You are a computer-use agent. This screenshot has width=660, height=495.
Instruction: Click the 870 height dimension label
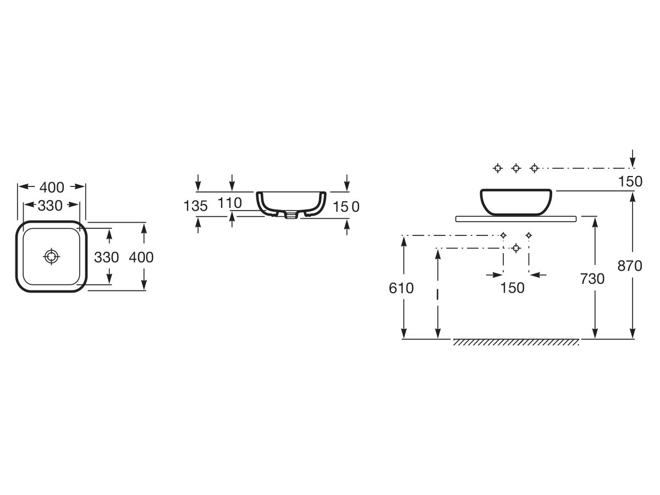[x=630, y=266]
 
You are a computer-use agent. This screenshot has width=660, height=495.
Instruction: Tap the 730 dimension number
[x=592, y=279]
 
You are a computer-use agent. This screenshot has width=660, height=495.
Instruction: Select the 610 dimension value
[x=402, y=288]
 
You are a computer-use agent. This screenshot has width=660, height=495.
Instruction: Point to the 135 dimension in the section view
[x=195, y=206]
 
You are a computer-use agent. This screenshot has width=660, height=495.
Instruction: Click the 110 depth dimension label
[x=229, y=203]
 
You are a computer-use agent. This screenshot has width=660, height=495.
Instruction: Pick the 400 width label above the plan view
[x=52, y=187]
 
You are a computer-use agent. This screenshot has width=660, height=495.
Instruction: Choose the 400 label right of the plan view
[x=141, y=257]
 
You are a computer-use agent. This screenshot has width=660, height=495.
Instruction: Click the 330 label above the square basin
[x=50, y=206]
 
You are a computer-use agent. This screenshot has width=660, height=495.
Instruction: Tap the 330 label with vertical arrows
[x=107, y=257]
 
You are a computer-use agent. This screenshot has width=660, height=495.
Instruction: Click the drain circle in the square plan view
[x=51, y=256]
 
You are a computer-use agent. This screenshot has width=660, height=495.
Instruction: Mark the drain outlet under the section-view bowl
[x=289, y=216]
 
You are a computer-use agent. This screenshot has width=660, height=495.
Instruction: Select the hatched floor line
[x=516, y=342]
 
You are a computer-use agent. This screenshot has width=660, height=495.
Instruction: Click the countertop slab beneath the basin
[x=516, y=219]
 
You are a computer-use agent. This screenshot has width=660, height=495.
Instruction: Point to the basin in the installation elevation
[x=516, y=201]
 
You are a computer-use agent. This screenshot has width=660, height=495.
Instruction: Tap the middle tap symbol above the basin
[x=516, y=168]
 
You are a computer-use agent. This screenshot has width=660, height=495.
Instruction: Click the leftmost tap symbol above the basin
[x=498, y=168]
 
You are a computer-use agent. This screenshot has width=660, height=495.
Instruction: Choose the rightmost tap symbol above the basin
[x=534, y=168]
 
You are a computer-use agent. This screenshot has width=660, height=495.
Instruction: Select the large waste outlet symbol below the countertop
[x=516, y=248]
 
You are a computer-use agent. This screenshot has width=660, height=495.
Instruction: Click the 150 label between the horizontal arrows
[x=513, y=288]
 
